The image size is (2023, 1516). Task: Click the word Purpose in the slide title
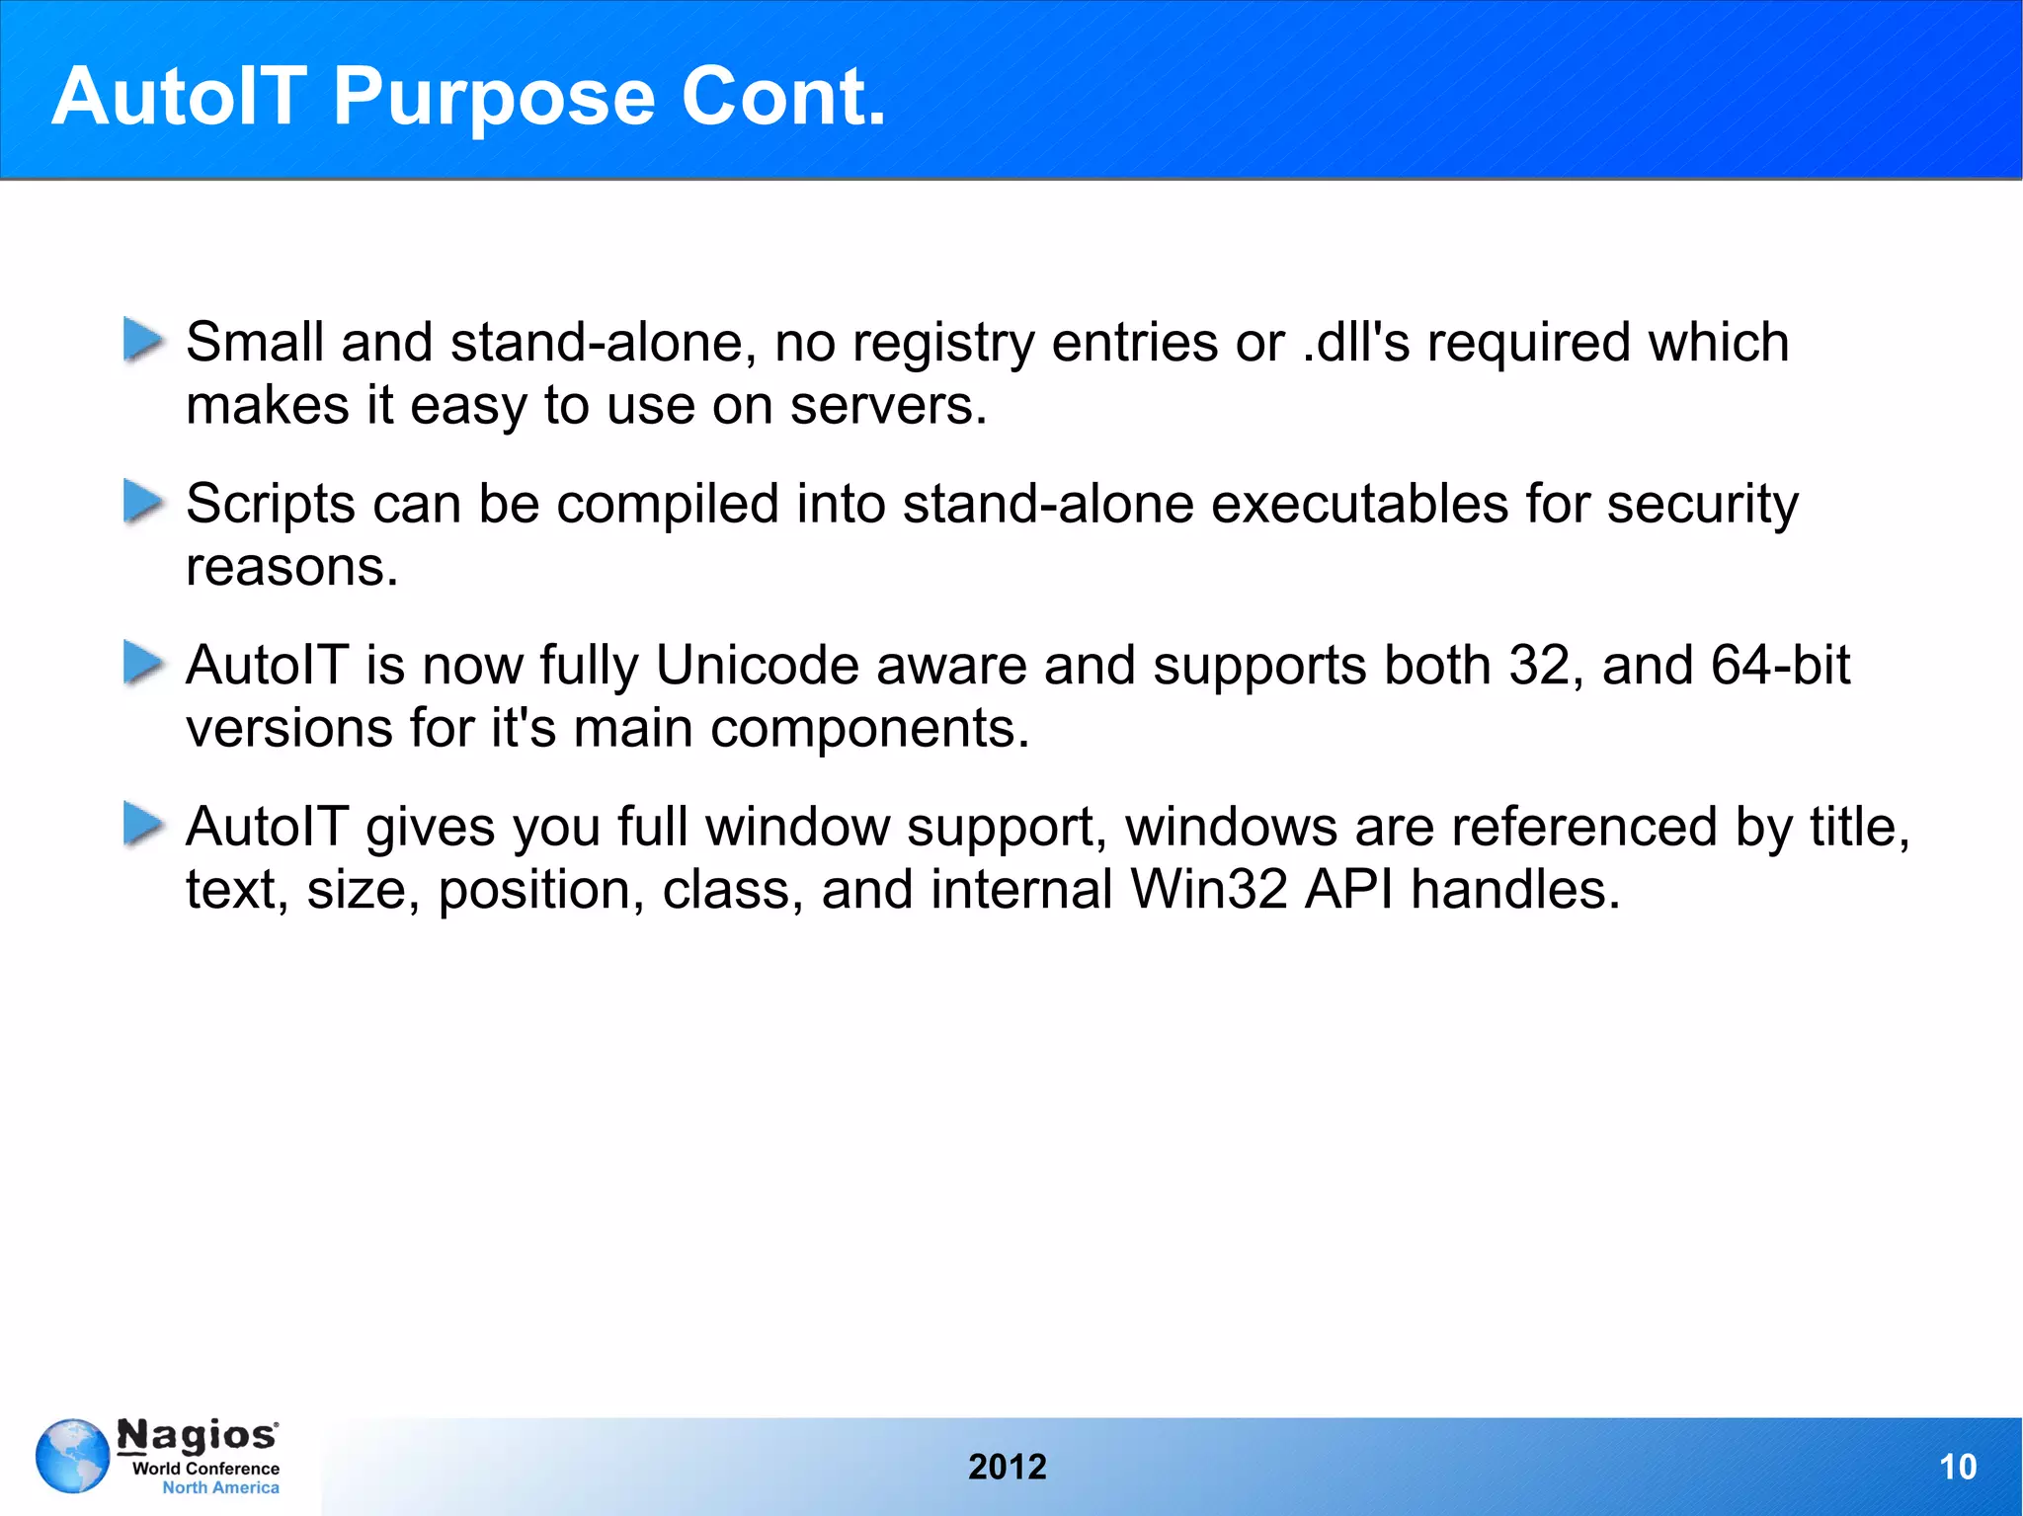[x=494, y=97]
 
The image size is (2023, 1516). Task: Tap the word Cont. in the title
[x=783, y=97]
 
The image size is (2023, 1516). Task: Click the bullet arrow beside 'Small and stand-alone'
[x=142, y=341]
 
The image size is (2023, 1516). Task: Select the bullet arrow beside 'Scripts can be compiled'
[x=142, y=502]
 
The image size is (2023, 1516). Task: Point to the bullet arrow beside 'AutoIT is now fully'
[x=142, y=663]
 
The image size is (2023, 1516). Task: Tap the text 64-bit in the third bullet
[x=1780, y=665]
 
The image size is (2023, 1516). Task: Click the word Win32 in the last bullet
[x=1209, y=889]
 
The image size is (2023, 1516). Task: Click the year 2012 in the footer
[x=1007, y=1467]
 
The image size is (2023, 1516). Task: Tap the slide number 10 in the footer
[x=1957, y=1467]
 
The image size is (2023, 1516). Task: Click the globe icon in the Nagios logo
[x=72, y=1456]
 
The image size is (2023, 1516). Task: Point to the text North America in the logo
[x=220, y=1487]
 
